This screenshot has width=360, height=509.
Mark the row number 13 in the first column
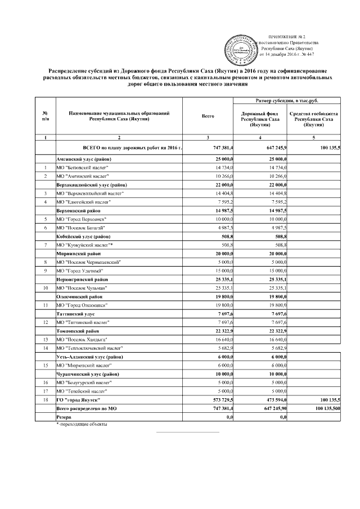44,340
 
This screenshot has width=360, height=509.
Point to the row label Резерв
63,418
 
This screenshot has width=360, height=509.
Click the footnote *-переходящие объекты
82,425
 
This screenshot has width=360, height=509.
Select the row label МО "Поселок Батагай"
80,227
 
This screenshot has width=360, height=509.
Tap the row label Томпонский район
77,331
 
